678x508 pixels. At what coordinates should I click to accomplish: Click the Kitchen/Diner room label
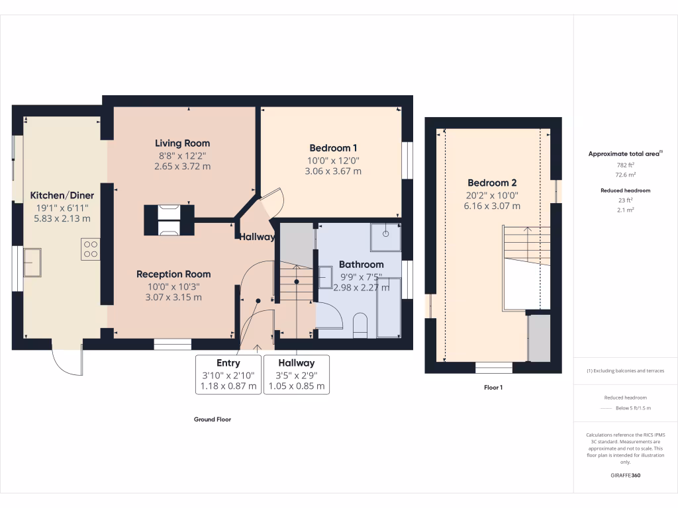point(62,195)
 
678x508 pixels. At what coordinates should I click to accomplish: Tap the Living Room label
point(182,143)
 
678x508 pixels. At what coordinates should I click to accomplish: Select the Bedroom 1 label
point(333,148)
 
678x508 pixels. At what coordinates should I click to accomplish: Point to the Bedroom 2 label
point(492,183)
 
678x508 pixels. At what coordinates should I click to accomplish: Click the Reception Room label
point(173,274)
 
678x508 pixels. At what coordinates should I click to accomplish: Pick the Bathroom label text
point(361,264)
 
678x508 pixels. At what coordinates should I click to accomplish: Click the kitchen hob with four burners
point(90,248)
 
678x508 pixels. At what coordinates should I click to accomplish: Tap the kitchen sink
point(32,263)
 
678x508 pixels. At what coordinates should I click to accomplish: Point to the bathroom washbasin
point(326,276)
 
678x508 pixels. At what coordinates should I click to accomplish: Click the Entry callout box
point(228,374)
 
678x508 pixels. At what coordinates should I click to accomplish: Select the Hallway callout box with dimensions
point(296,374)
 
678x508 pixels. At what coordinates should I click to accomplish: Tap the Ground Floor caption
point(212,419)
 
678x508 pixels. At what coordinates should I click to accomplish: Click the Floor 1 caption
point(493,388)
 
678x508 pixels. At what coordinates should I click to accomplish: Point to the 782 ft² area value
point(626,165)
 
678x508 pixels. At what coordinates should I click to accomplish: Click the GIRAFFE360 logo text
point(626,476)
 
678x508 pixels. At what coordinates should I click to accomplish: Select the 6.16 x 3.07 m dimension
point(492,206)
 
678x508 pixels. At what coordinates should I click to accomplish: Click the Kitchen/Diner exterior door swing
point(68,361)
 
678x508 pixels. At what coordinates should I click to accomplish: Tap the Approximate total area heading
point(626,153)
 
